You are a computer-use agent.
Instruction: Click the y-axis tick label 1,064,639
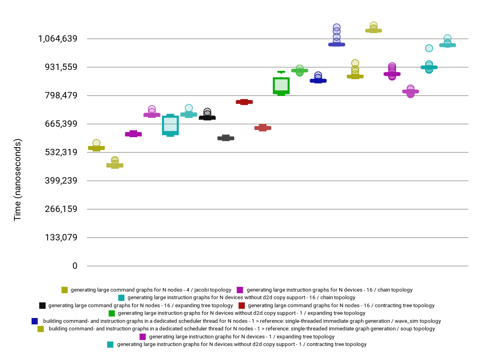[x=58, y=39]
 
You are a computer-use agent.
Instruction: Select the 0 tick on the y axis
[x=75, y=266]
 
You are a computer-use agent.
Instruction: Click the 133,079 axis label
[x=60, y=238]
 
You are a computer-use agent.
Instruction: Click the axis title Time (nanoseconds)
[x=18, y=180]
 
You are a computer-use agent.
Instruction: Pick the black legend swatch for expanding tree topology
[x=42, y=306]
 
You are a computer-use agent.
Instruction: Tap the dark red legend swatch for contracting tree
[x=242, y=306]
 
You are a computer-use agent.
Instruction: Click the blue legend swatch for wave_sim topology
[x=35, y=321]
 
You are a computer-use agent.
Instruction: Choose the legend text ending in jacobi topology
[x=151, y=290]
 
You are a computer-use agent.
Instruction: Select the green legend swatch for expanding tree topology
[x=112, y=313]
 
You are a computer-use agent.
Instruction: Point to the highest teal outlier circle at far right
[x=448, y=38]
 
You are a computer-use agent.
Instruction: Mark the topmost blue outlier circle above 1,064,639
[x=337, y=28]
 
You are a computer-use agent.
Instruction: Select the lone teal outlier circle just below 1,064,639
[x=429, y=48]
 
